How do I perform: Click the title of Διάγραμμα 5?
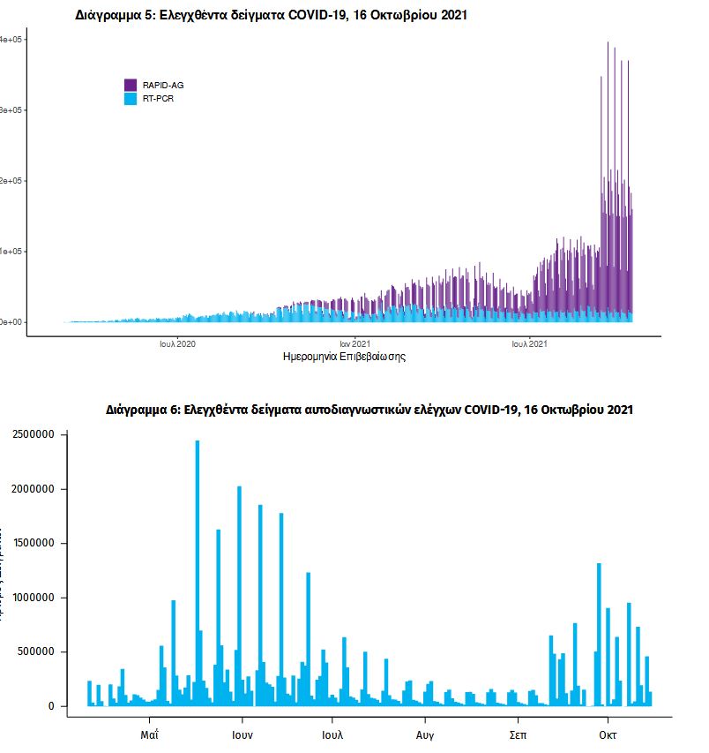272,15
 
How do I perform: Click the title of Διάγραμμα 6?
369,410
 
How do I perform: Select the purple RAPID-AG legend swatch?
130,85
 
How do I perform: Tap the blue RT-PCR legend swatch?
130,99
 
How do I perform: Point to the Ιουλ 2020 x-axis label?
177,343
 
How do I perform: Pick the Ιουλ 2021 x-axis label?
530,343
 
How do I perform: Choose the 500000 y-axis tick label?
38,652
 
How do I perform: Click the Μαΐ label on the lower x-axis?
150,734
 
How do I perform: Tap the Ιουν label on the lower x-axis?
243,734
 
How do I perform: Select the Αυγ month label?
425,734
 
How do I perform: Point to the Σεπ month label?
519,734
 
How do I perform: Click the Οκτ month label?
608,734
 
